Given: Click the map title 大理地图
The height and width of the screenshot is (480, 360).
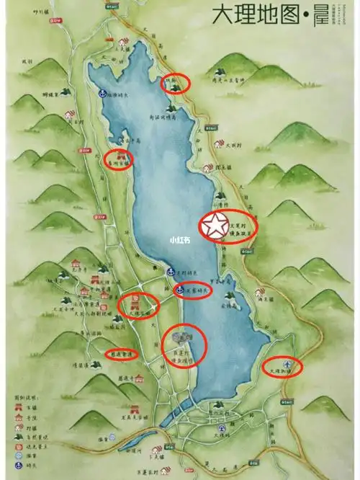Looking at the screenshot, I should pyautogui.click(x=258, y=14).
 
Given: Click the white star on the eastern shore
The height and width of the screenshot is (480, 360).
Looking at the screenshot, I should pyautogui.click(x=215, y=226).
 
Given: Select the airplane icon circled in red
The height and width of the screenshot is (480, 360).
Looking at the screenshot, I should pyautogui.click(x=288, y=364).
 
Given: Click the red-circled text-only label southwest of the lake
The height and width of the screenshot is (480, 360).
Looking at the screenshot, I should pyautogui.click(x=120, y=354).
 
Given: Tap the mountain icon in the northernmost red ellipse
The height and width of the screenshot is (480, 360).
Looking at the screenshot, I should pyautogui.click(x=175, y=87).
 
